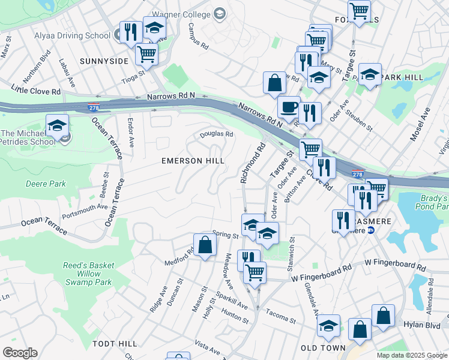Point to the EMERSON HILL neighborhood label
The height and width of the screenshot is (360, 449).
click(193, 161)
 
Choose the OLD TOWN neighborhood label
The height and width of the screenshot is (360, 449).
click(323, 348)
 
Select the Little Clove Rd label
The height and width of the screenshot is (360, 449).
click(36, 90)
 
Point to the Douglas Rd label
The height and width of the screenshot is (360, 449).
click(216, 134)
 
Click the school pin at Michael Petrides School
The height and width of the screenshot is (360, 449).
click(57, 126)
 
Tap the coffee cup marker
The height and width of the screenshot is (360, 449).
click(289, 107)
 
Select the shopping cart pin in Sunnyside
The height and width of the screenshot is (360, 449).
click(146, 55)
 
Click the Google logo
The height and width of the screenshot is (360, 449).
click(20, 353)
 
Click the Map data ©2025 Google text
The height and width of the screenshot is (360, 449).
click(411, 355)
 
